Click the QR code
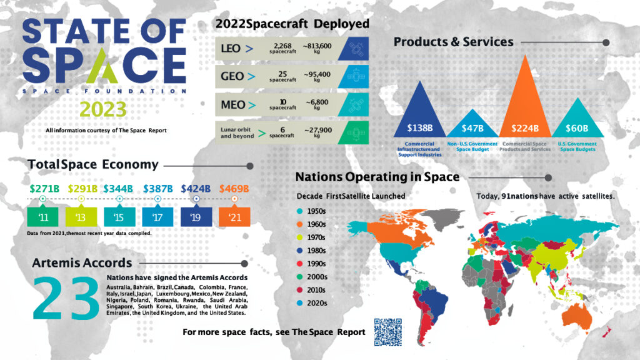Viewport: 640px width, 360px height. tap(386, 331)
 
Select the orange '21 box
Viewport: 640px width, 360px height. tap(234, 217)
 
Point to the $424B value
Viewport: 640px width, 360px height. tap(196, 188)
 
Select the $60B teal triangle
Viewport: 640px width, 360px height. tap(576, 122)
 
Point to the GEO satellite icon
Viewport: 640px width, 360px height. tap(353, 76)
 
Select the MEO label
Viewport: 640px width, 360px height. tap(233, 105)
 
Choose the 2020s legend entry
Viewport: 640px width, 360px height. tap(312, 303)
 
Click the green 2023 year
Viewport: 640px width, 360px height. tap(104, 109)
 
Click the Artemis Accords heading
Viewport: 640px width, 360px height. tap(82, 262)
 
